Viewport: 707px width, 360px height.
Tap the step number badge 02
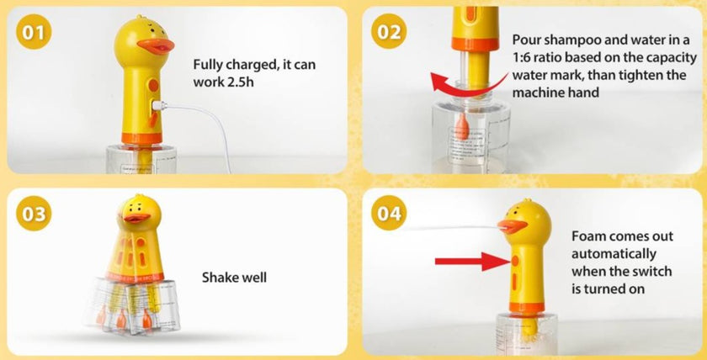(x=390, y=33)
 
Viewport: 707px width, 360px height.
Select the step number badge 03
(x=35, y=214)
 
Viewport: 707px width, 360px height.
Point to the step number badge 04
(x=390, y=214)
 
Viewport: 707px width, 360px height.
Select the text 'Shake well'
(x=234, y=277)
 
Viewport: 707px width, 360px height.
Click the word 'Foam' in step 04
(x=589, y=236)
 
